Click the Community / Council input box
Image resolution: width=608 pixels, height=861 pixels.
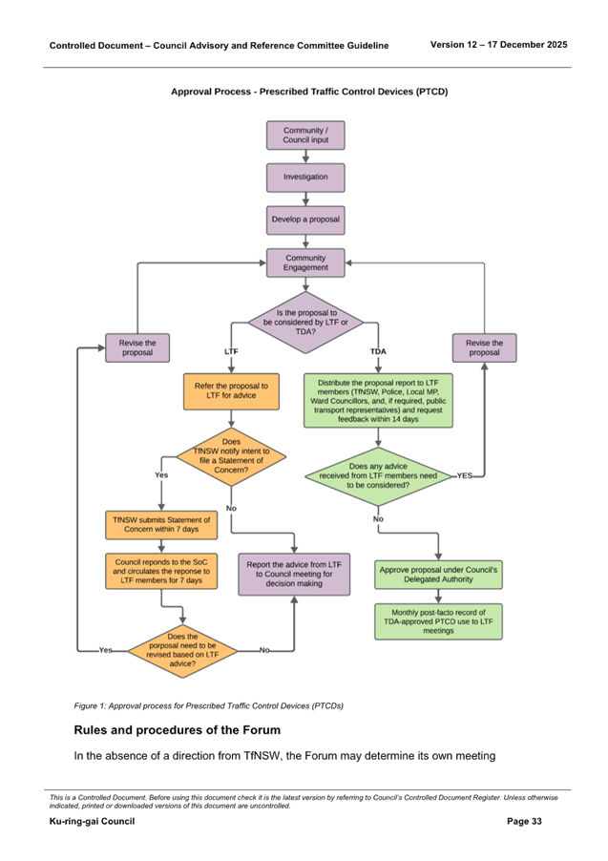tap(304, 136)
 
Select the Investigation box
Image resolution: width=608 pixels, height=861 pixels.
tap(304, 178)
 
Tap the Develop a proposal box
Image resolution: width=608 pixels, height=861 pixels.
tap(304, 220)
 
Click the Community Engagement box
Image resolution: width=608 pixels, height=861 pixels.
tap(304, 263)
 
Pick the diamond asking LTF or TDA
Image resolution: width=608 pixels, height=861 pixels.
tap(304, 323)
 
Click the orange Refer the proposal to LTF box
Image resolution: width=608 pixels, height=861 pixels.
tap(231, 390)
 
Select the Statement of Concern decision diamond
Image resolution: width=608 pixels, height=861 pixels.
tap(231, 458)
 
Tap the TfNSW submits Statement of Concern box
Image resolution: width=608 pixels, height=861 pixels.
tap(161, 525)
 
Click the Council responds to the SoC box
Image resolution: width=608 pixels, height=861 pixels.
tap(161, 572)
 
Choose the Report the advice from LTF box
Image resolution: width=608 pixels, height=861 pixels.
tap(293, 575)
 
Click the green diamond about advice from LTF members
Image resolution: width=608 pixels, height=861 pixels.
tap(379, 475)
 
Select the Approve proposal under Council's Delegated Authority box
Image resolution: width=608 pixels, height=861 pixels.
tap(438, 575)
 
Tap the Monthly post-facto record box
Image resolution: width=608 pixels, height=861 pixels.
tap(438, 620)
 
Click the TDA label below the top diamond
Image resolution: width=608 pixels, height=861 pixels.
tap(379, 352)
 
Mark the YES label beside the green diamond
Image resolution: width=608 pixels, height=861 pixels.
tap(465, 474)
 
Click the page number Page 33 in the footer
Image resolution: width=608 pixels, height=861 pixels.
tap(524, 822)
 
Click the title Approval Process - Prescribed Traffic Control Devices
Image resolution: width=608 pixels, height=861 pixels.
tap(308, 92)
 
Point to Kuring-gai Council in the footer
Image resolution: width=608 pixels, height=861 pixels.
tap(92, 822)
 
